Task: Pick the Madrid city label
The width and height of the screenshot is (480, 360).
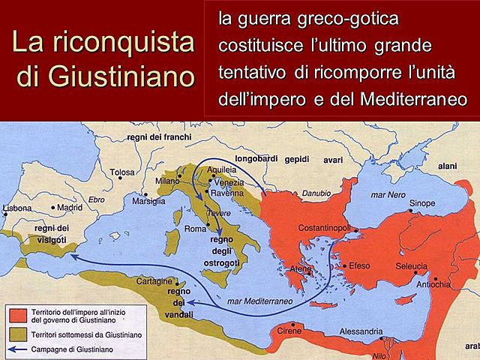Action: [69, 207]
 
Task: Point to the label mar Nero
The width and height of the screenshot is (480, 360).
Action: [388, 194]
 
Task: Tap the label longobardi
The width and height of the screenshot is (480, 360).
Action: [255, 159]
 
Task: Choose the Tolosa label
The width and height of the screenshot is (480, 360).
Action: [122, 172]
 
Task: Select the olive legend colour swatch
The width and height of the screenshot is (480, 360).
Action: [19, 331]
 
